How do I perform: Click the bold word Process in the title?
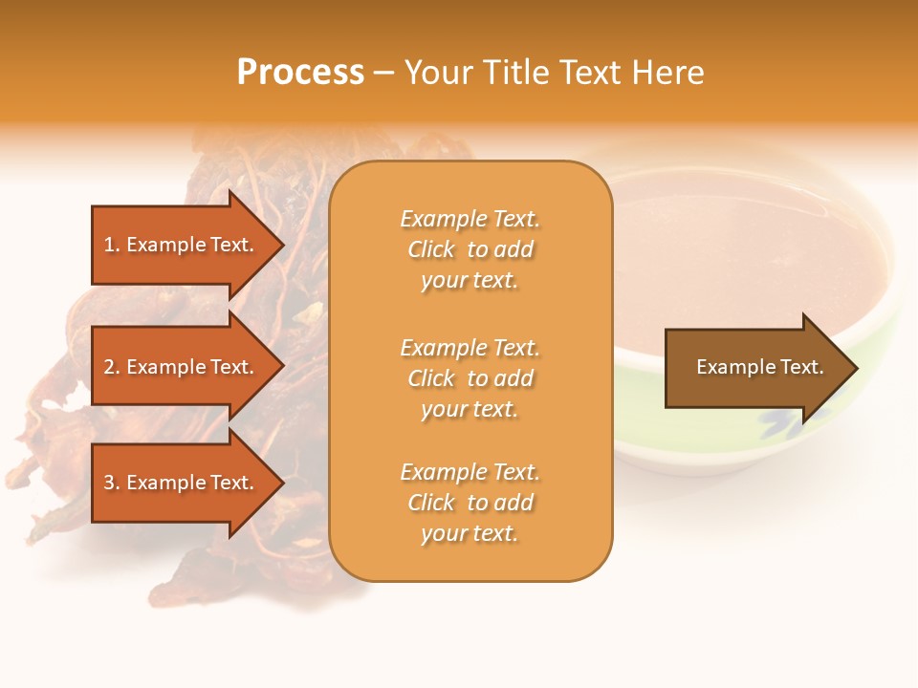[300, 73]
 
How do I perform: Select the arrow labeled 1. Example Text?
[179, 245]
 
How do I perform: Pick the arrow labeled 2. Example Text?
[179, 367]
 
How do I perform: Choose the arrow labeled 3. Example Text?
[179, 483]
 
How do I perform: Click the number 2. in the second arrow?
[112, 367]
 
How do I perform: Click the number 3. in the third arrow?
[112, 483]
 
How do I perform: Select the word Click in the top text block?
[431, 249]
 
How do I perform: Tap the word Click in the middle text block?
[431, 378]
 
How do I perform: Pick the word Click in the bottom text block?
[431, 503]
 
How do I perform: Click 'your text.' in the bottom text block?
[470, 533]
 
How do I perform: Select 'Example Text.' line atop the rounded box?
[470, 219]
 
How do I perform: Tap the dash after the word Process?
[384, 74]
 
